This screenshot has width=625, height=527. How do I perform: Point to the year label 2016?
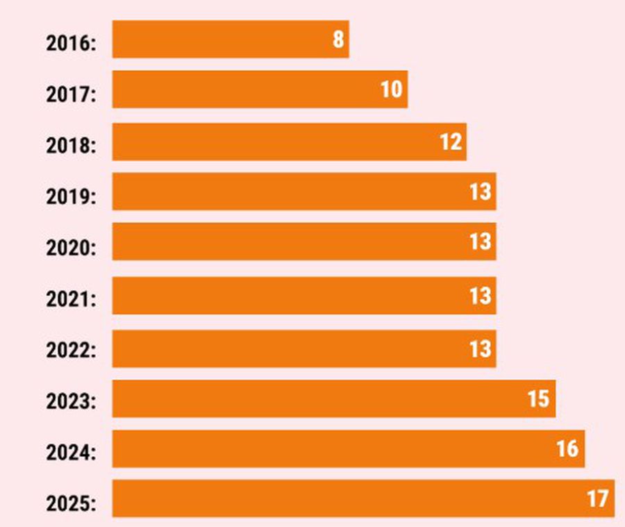72,43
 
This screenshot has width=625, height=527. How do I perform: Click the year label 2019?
72,196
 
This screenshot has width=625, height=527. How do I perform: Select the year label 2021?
72,299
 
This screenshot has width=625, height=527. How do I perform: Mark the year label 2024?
72,453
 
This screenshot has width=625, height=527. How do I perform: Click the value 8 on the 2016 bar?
338,39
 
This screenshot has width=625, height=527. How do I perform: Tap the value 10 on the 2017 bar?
392,90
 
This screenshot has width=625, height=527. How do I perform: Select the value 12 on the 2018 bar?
451,142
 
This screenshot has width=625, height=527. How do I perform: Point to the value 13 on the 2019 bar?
480,192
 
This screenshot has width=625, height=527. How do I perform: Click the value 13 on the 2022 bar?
480,349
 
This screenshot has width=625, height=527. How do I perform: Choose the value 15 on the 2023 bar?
538,399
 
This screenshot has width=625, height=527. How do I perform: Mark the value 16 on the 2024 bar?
567,449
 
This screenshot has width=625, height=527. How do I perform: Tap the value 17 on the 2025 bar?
597,499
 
